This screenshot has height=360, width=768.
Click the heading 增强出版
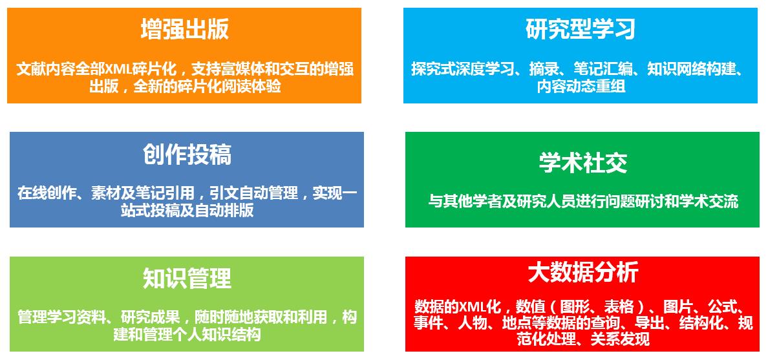[x=185, y=29]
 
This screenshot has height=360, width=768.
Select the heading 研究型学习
[x=581, y=29]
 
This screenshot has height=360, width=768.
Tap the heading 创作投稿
[x=187, y=154]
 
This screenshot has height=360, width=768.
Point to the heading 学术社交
[x=583, y=163]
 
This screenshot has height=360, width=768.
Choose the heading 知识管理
[x=187, y=278]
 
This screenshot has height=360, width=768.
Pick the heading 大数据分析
[x=583, y=272]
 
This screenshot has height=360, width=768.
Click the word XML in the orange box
[x=119, y=69]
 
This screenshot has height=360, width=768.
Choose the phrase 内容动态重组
[x=581, y=87]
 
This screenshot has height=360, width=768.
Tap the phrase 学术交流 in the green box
[x=712, y=201]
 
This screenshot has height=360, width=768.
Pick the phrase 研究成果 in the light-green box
[x=147, y=317]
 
